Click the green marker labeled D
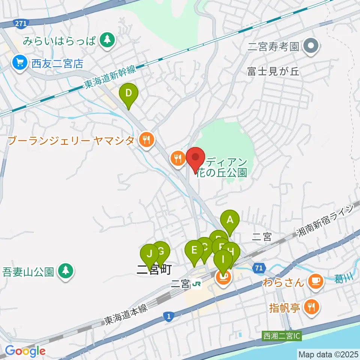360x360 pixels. pos(129,93)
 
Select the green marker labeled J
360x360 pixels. pos(150,254)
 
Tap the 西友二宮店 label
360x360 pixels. pos(57,64)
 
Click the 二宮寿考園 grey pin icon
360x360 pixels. pos(311,46)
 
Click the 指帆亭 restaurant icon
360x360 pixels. pos(312,307)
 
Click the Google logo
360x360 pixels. pos(25,351)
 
